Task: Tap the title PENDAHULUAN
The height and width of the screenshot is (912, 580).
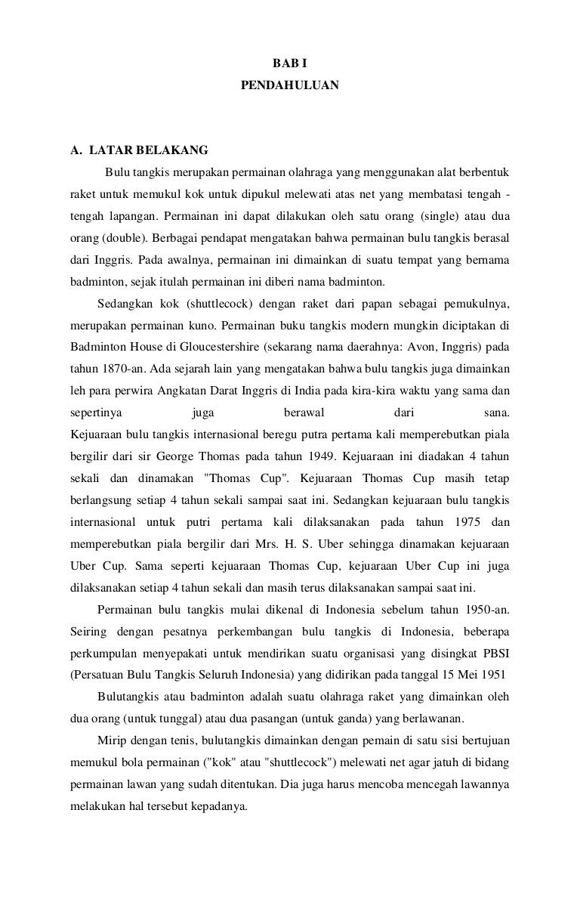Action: [289, 86]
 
